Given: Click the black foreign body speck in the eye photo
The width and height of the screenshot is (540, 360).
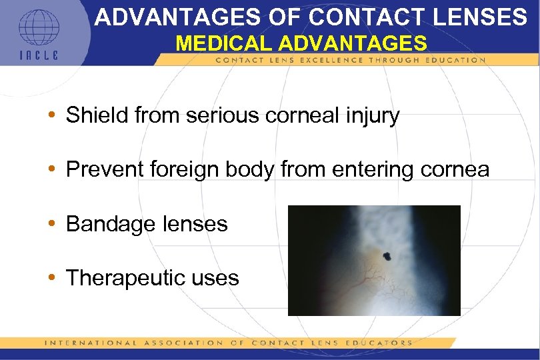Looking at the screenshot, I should (387, 254).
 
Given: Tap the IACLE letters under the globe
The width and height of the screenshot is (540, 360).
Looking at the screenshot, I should (38, 55).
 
